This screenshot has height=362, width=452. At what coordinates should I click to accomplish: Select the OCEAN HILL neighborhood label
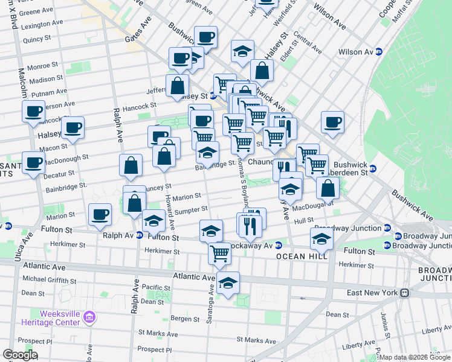[x=302, y=256]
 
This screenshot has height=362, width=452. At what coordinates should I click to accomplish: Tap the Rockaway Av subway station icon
[x=278, y=246]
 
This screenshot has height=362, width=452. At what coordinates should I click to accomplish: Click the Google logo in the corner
[x=19, y=355]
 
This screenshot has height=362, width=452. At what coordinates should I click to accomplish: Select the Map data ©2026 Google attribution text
[x=415, y=357]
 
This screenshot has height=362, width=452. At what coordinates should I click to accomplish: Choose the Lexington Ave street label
[x=42, y=26]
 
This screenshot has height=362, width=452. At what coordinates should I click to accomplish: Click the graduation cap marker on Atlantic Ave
[x=227, y=282]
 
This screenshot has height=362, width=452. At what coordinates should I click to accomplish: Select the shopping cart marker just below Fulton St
[x=219, y=253]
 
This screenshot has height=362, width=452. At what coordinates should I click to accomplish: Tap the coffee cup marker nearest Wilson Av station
[x=332, y=122]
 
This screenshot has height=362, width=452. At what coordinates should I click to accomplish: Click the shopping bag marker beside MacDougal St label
[x=327, y=188]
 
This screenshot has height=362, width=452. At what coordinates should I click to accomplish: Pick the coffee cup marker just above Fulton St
[x=100, y=214]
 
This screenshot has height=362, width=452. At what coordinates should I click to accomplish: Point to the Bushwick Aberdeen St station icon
[x=372, y=168]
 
